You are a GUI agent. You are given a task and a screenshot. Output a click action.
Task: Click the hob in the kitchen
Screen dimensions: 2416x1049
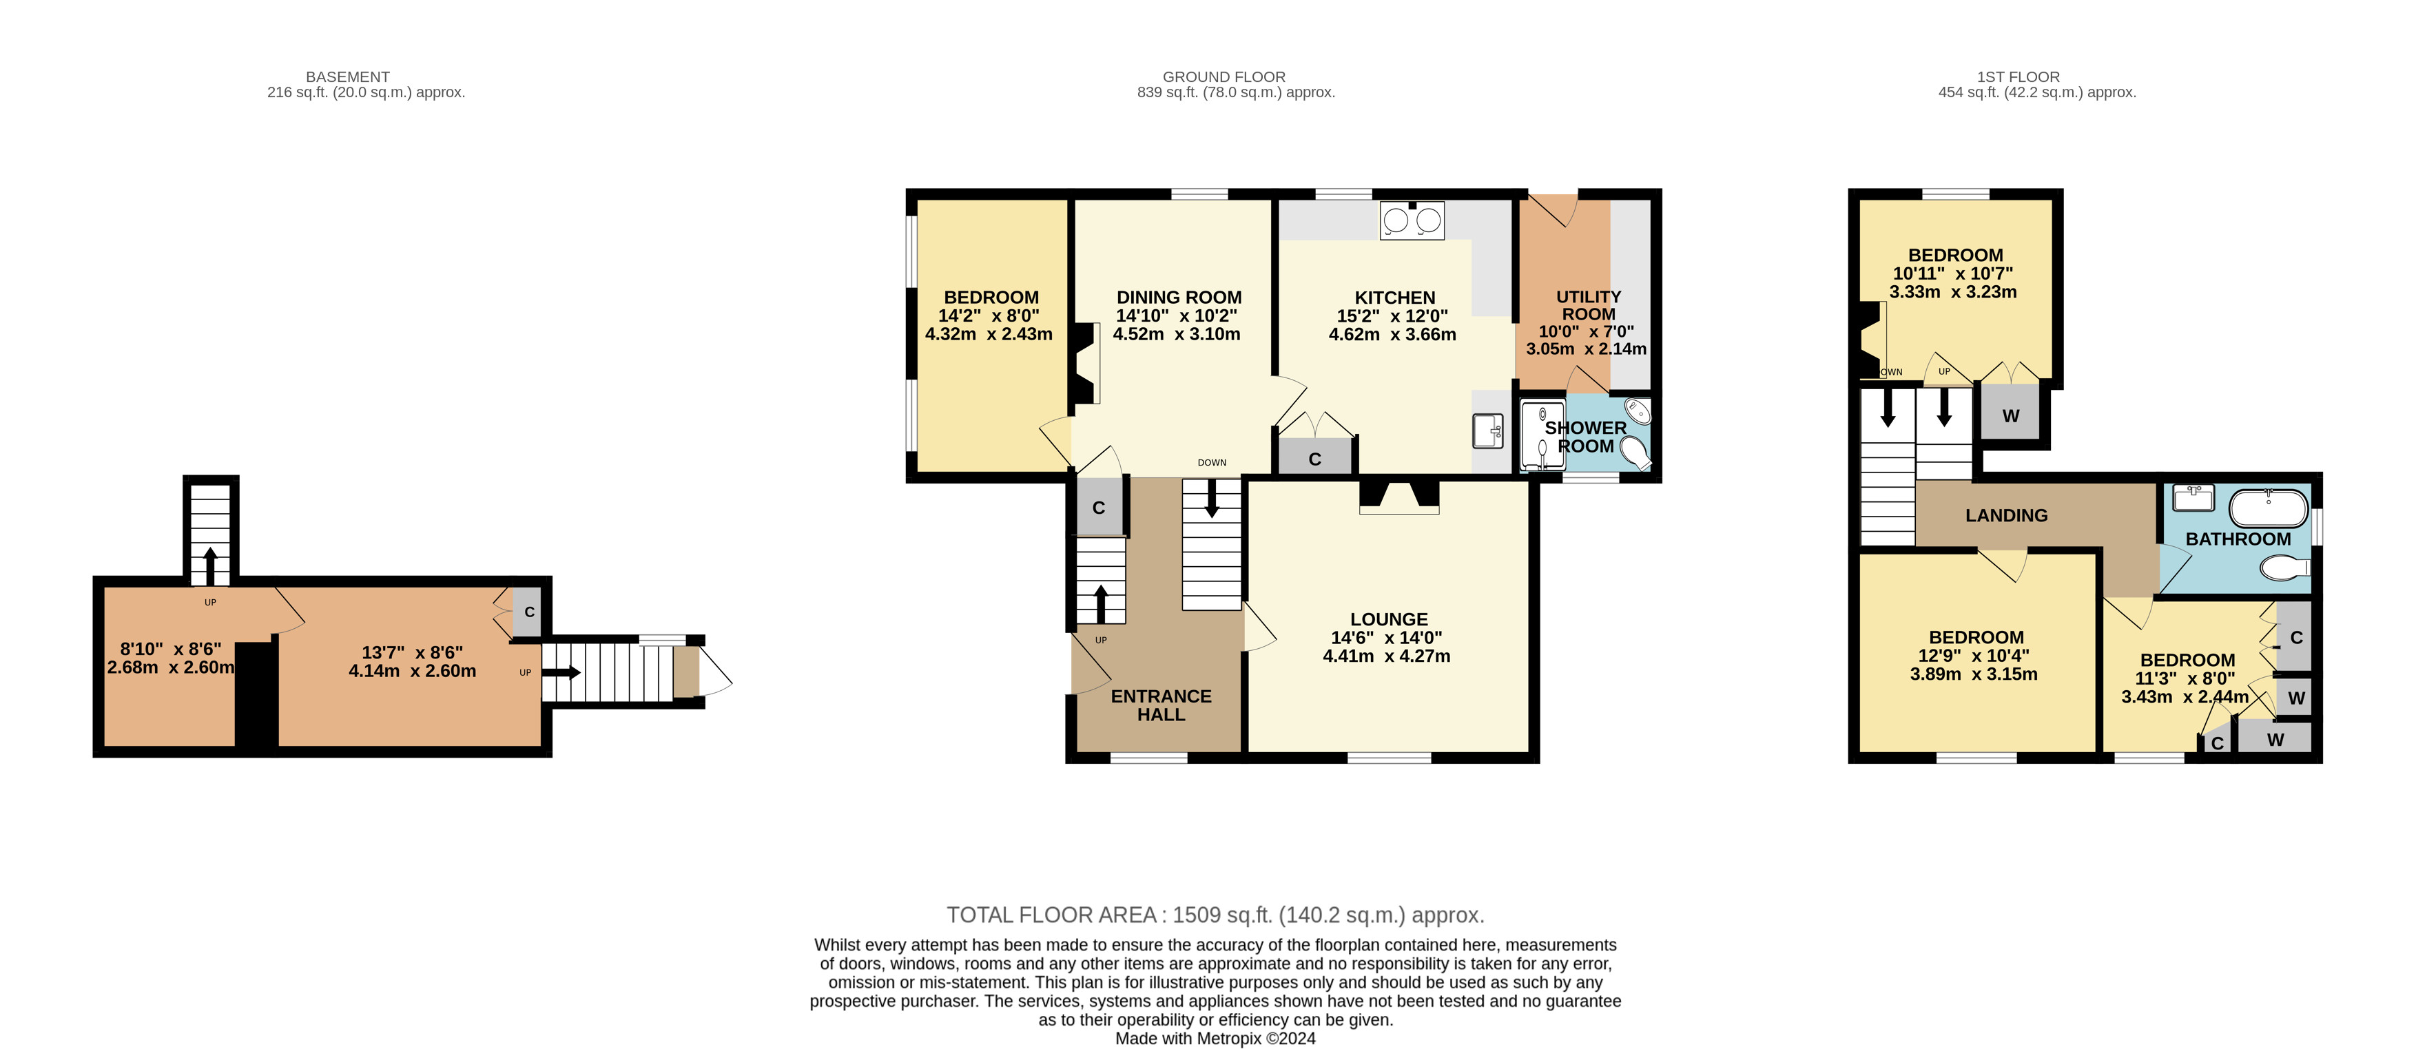point(1412,220)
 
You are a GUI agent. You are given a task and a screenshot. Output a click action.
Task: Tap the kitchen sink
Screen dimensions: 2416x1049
point(1487,431)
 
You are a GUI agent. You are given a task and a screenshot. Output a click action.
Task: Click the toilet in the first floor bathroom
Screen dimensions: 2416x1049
point(2284,567)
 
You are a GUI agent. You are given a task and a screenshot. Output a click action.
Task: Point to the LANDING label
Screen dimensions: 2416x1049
point(2006,516)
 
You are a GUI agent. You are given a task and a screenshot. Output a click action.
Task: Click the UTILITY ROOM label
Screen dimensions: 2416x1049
point(1589,306)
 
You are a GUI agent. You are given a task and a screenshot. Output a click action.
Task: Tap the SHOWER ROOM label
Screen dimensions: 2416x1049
point(1586,437)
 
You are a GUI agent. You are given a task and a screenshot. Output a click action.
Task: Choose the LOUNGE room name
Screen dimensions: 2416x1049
point(1389,620)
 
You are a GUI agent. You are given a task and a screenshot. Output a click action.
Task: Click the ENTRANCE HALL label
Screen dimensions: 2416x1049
point(1161,705)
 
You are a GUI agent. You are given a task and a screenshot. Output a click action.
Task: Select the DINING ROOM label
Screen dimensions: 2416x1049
point(1179,297)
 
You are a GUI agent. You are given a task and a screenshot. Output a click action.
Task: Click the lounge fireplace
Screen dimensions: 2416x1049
point(1399,496)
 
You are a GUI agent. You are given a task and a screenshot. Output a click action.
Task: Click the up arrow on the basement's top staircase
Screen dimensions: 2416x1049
point(210,566)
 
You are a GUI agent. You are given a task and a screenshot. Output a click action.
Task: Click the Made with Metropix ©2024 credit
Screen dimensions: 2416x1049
point(1215,1039)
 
